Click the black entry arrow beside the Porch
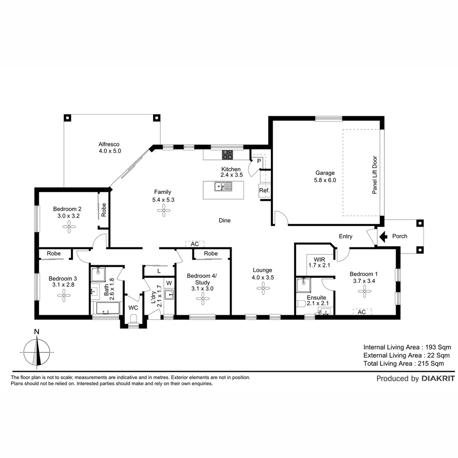pyautogui.click(x=383, y=236)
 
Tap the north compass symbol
pyautogui.click(x=37, y=352)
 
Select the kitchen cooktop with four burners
pyautogui.click(x=227, y=155)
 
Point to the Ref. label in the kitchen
pyautogui.click(x=264, y=191)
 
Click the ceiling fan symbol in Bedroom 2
pyautogui.click(x=69, y=227)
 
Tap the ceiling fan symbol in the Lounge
pyautogui.click(x=263, y=288)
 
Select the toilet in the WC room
pyautogui.click(x=134, y=318)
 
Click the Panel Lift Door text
pyautogui.click(x=374, y=175)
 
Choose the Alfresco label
pyautogui.click(x=109, y=144)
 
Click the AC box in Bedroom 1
pyautogui.click(x=362, y=312)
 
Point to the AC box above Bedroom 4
pyautogui.click(x=195, y=244)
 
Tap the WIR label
pyautogui.click(x=319, y=259)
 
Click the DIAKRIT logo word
pyautogui.click(x=438, y=379)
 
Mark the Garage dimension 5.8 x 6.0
pyautogui.click(x=325, y=180)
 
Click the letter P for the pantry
pyautogui.click(x=259, y=161)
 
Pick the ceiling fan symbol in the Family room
pyautogui.click(x=164, y=210)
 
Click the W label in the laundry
pyautogui.click(x=169, y=283)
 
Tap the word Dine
pyautogui.click(x=224, y=221)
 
